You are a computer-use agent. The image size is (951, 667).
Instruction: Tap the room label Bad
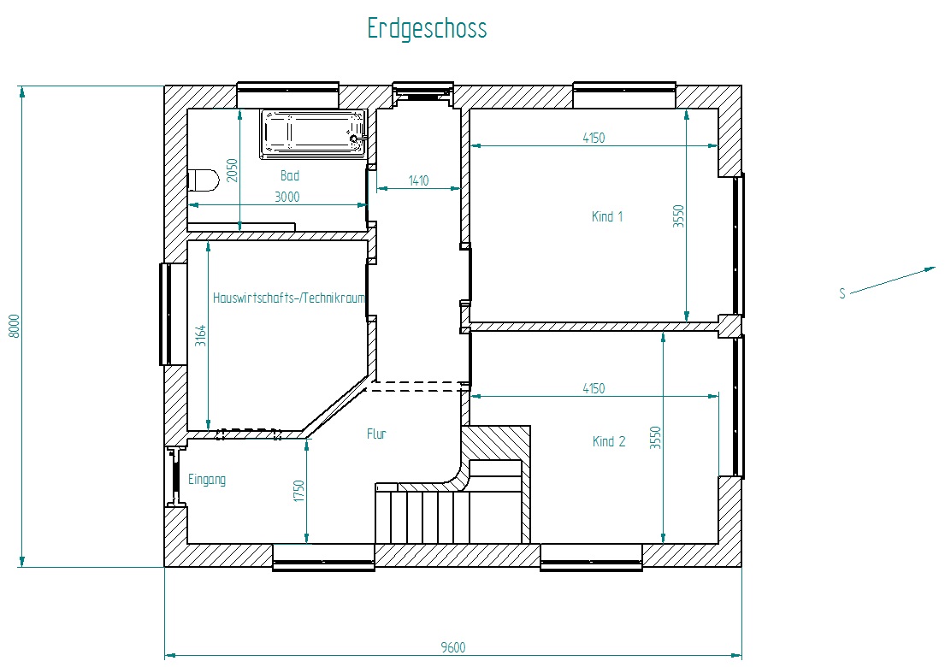(x=290, y=176)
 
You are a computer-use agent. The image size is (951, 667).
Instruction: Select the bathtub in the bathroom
(x=314, y=134)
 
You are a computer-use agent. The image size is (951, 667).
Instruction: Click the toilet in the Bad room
(x=204, y=180)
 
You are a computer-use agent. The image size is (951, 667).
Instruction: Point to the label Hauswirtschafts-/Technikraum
(x=289, y=298)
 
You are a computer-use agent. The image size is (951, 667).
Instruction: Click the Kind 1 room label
(x=607, y=216)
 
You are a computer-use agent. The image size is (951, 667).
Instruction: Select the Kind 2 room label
(x=609, y=441)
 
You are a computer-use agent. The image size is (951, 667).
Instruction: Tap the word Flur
(x=376, y=434)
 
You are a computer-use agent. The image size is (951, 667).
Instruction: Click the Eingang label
(x=207, y=480)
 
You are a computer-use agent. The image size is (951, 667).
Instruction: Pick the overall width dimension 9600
(x=453, y=647)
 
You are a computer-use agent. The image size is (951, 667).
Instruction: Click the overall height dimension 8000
(x=14, y=326)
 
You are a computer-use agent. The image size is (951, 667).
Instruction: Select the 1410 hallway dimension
(x=418, y=180)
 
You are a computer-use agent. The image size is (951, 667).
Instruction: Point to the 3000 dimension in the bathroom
(x=286, y=197)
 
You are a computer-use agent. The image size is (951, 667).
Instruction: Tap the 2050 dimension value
(x=232, y=170)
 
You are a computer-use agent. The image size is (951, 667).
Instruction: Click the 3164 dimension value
(x=200, y=336)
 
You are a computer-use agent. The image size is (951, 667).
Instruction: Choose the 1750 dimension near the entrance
(x=298, y=491)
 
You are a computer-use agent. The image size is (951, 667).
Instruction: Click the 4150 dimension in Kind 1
(x=594, y=139)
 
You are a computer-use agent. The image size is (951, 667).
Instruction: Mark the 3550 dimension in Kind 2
(x=655, y=438)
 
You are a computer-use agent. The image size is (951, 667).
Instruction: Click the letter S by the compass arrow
(x=842, y=294)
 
